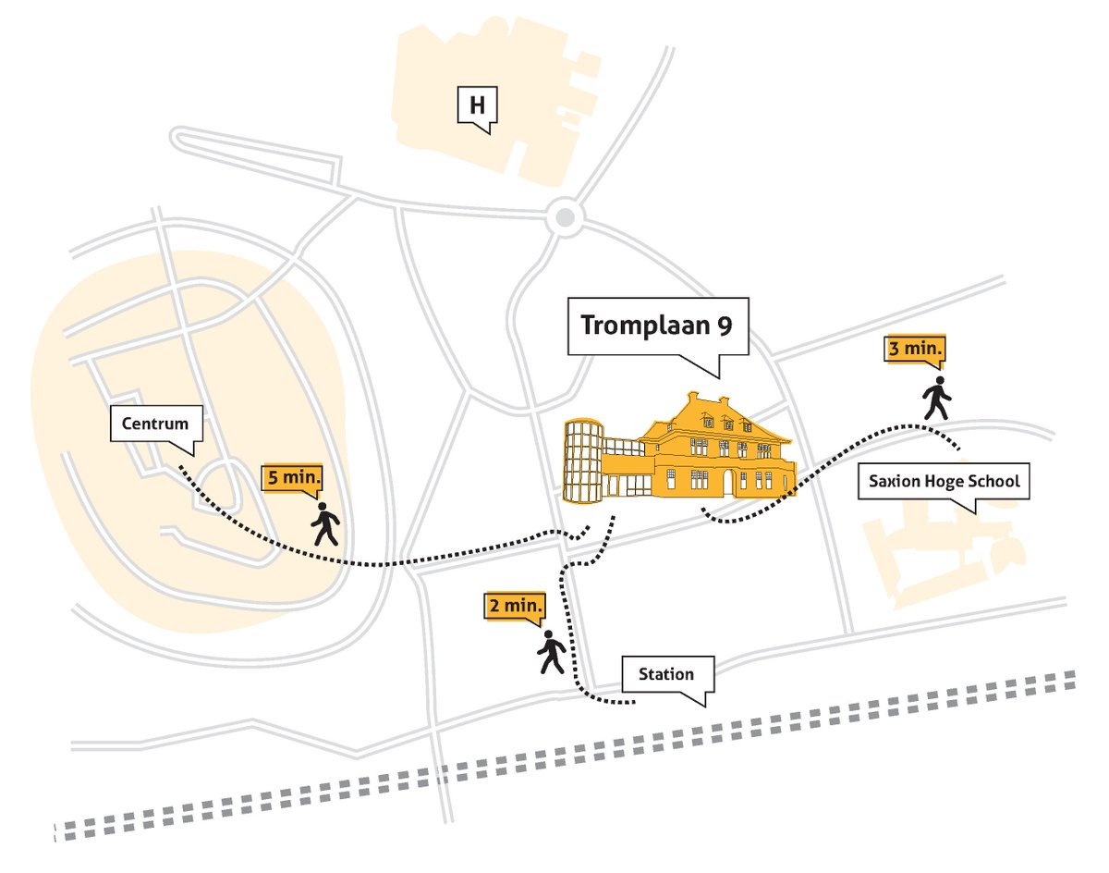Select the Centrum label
click(x=154, y=424)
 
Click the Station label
click(x=665, y=674)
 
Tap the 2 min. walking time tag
click(x=515, y=607)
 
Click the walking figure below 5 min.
click(x=324, y=524)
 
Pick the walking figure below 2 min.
click(x=551, y=652)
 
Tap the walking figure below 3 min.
click(x=937, y=398)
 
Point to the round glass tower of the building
click(x=583, y=461)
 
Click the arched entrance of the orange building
click(x=729, y=481)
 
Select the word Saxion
click(x=891, y=482)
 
